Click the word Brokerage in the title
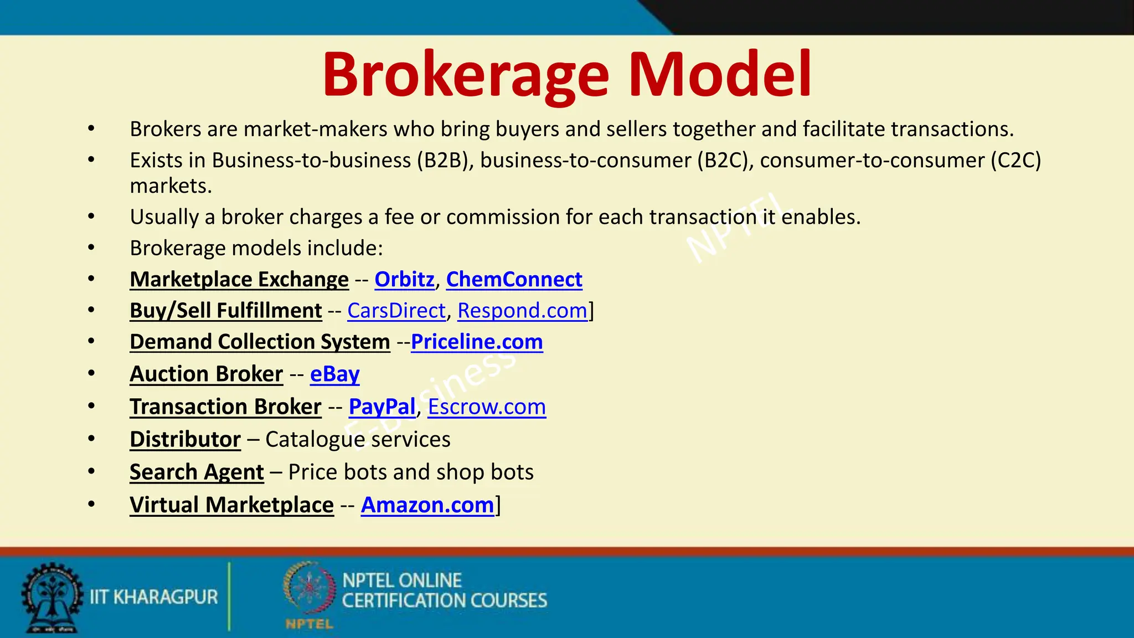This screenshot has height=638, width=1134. click(x=466, y=75)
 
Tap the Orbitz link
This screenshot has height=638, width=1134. click(x=404, y=280)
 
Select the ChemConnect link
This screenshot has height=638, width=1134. click(x=514, y=280)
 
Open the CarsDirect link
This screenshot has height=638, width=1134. click(x=396, y=311)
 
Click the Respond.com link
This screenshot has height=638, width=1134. click(x=522, y=311)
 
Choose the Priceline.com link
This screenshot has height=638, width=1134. click(x=477, y=342)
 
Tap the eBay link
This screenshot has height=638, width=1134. click(x=334, y=374)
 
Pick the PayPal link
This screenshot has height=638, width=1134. click(x=382, y=407)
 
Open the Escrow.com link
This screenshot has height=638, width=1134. click(x=487, y=407)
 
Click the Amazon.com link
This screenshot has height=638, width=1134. click(x=427, y=505)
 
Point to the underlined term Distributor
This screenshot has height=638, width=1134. click(x=185, y=440)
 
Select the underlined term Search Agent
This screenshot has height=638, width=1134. click(x=197, y=472)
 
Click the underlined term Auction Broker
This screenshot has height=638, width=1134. click(x=206, y=374)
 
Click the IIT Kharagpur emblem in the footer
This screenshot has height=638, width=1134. click(x=51, y=597)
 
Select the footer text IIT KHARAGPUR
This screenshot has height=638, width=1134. click(x=154, y=597)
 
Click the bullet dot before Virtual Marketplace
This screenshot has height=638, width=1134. click(x=91, y=505)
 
